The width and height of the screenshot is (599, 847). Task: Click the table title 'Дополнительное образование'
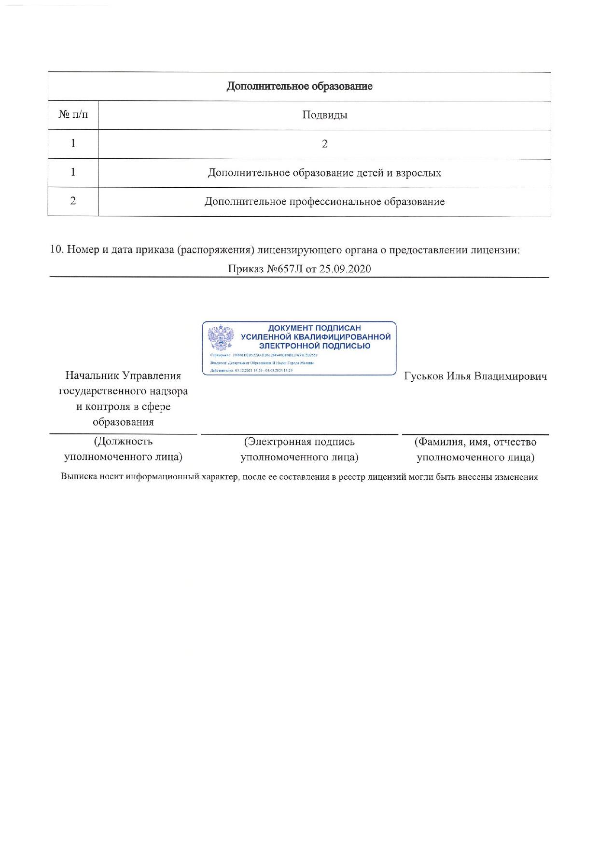(x=299, y=86)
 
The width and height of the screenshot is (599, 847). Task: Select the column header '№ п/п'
(x=73, y=115)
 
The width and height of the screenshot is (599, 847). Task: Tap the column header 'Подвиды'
(x=324, y=115)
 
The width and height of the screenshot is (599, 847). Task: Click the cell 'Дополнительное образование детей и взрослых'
(x=324, y=173)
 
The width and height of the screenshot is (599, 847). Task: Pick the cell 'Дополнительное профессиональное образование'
(x=324, y=201)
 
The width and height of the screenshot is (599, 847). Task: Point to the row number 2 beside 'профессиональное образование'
(x=73, y=201)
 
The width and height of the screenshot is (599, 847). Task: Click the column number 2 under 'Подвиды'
(x=324, y=143)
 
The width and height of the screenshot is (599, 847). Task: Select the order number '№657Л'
(x=285, y=269)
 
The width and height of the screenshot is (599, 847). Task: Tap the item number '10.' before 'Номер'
(x=57, y=250)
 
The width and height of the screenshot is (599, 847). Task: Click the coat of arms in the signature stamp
(x=221, y=337)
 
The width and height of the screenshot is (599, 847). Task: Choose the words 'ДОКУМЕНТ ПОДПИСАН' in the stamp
(x=314, y=328)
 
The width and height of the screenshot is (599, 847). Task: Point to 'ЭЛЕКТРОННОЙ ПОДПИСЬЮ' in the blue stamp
(x=314, y=346)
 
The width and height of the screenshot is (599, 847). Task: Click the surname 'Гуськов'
(x=423, y=376)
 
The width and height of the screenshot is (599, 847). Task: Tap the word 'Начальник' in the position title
(x=92, y=375)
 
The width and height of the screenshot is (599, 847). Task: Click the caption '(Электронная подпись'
(x=299, y=442)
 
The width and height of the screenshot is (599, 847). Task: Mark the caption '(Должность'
(x=123, y=441)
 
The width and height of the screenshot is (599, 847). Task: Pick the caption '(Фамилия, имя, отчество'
(x=475, y=442)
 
